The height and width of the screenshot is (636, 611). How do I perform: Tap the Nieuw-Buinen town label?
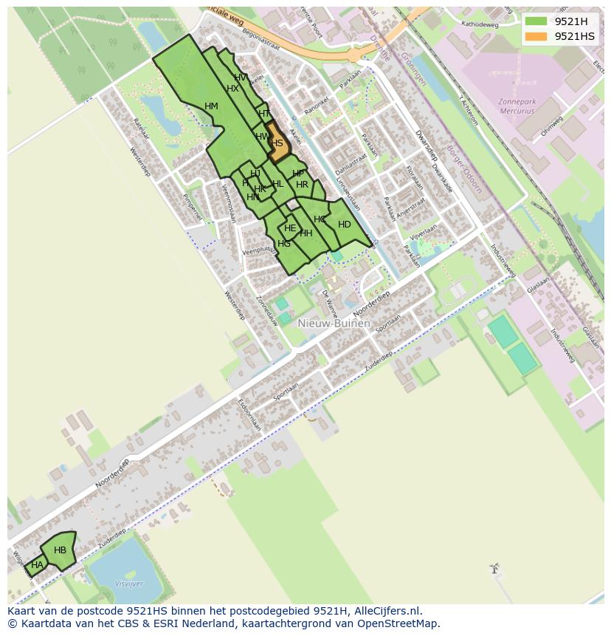(x=334, y=324)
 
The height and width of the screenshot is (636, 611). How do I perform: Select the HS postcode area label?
(x=277, y=143)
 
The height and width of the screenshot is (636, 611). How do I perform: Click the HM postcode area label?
(x=211, y=106)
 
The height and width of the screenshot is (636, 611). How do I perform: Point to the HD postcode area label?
(x=344, y=225)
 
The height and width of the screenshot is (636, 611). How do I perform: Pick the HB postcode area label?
(x=60, y=550)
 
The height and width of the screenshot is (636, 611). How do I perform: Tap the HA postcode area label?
(x=37, y=565)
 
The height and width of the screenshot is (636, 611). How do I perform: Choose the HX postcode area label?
(x=232, y=89)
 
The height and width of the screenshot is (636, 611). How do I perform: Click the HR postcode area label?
(x=302, y=185)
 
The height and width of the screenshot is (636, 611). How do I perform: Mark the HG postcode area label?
(x=284, y=244)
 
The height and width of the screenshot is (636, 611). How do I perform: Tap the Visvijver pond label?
(x=129, y=584)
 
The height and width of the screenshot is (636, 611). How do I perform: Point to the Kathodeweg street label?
(x=480, y=24)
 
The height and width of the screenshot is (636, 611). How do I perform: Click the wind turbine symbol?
(x=494, y=569)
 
